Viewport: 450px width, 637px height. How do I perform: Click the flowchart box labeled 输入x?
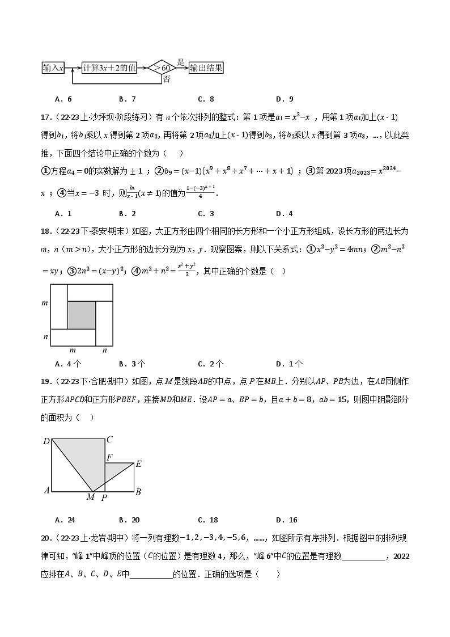(54, 68)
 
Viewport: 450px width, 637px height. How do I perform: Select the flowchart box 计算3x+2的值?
(109, 68)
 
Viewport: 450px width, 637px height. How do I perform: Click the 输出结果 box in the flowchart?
(206, 68)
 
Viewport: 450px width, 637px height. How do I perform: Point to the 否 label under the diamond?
(167, 79)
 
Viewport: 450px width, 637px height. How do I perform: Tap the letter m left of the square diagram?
(45, 303)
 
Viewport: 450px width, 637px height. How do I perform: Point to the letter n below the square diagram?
(104, 351)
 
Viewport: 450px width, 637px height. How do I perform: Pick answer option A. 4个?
(68, 364)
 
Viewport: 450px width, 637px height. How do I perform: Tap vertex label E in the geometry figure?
(138, 464)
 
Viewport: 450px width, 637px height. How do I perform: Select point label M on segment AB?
(91, 497)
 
